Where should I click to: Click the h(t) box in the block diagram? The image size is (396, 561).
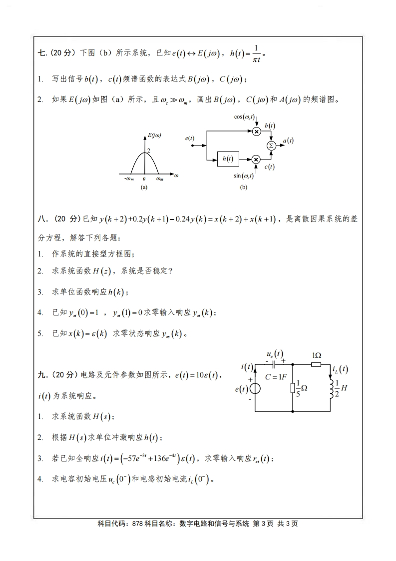(227, 159)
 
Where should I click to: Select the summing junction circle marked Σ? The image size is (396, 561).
(271, 145)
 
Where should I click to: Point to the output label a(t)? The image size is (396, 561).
(288, 141)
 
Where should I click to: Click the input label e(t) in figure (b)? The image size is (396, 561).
(190, 138)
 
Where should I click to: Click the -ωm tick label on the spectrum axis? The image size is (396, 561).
(129, 178)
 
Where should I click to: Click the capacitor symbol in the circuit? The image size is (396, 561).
(274, 365)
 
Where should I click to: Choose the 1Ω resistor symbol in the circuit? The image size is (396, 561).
(316, 365)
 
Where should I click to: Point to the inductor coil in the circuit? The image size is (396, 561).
(330, 387)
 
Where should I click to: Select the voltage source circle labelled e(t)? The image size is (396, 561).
(255, 388)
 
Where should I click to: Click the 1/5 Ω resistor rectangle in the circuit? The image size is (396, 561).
(292, 387)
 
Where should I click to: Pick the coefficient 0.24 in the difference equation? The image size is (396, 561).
(180, 218)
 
